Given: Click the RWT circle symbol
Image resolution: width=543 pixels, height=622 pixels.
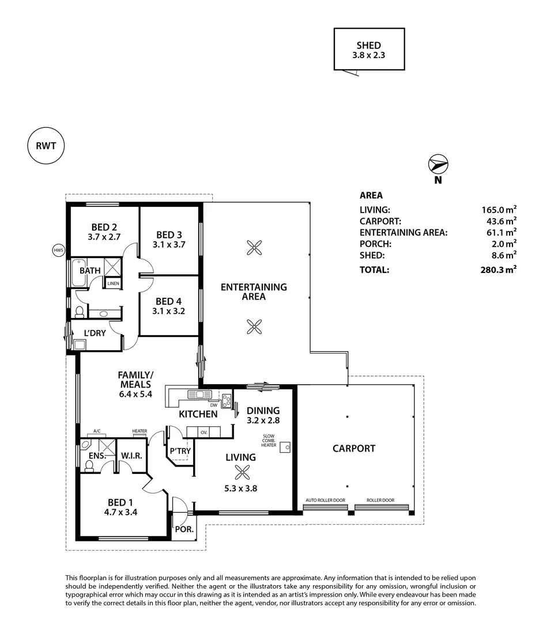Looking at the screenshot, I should (x=46, y=146).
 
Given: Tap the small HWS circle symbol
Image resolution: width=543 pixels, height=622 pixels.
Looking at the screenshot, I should (x=58, y=251).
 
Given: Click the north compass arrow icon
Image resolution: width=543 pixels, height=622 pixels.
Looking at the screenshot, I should (x=438, y=165).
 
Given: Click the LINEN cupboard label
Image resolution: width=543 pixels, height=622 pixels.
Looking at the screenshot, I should (x=113, y=284).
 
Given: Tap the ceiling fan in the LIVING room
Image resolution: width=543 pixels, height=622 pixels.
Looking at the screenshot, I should (x=240, y=473).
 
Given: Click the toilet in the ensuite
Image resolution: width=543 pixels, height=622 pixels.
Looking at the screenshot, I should (x=89, y=466).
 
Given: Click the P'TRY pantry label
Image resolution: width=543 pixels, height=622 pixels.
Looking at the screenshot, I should (x=180, y=451).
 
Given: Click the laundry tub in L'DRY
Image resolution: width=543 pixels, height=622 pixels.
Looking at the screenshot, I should (x=80, y=344).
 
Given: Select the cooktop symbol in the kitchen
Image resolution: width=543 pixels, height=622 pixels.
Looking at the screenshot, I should (x=227, y=401).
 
